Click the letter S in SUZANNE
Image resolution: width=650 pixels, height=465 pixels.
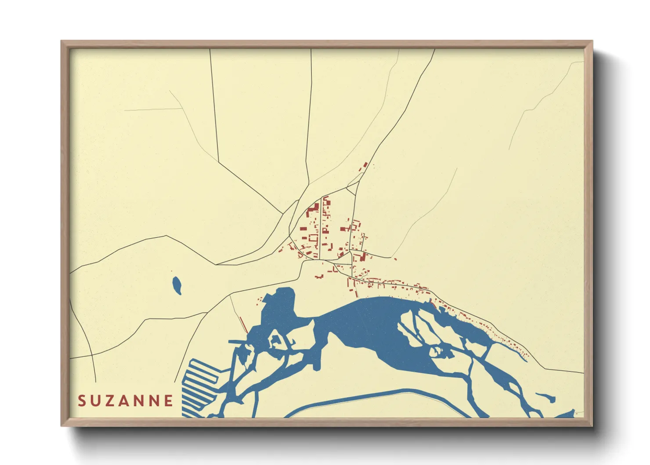click(82, 401)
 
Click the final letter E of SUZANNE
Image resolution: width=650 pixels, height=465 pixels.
click(169, 401)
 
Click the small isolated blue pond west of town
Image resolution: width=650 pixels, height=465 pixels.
click(177, 285)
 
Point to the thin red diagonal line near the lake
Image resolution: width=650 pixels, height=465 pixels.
click(243, 324)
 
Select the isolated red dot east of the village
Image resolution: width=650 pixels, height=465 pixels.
click(395, 259)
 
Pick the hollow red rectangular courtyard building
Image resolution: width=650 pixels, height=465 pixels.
click(313, 238)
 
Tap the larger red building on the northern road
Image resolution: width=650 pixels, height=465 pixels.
click(365, 166)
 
